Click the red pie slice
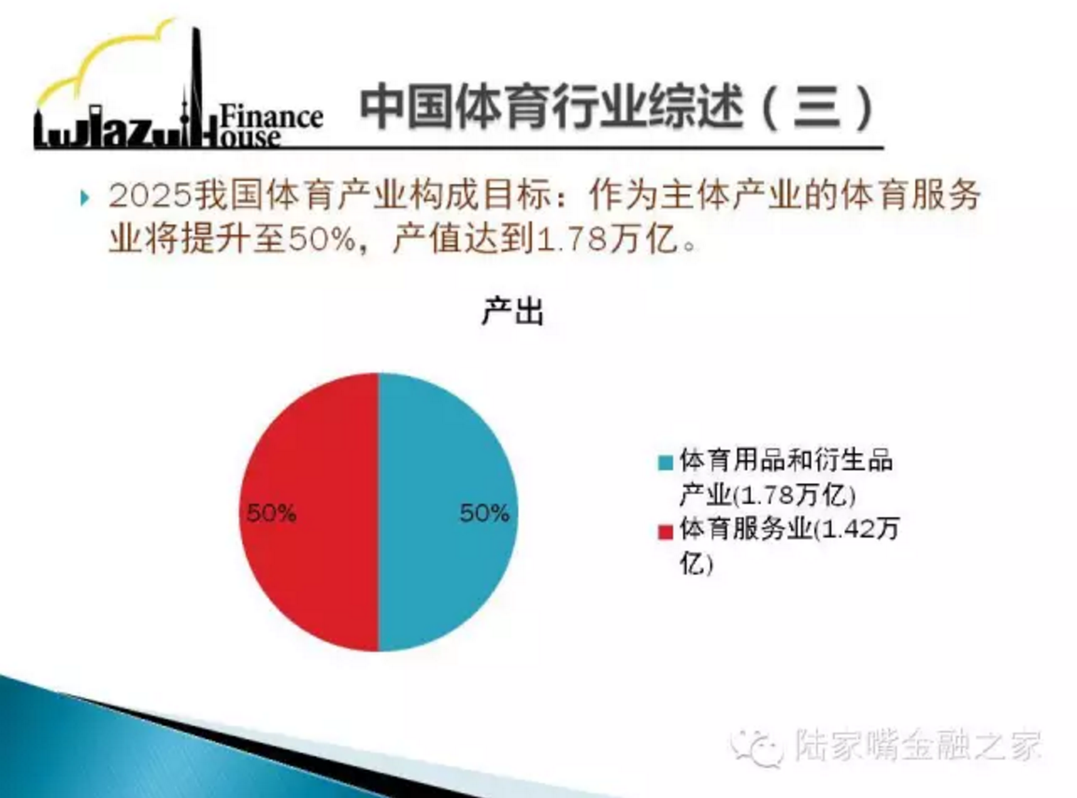click(309, 512)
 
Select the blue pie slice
click(448, 512)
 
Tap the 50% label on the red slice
click(271, 513)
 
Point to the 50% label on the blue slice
click(484, 513)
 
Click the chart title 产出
click(512, 312)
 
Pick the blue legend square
click(665, 463)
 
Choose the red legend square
click(665, 533)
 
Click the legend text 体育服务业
click(746, 529)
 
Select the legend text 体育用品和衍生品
click(786, 460)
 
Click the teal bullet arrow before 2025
click(84, 198)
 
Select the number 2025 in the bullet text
click(150, 196)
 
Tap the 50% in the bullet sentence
click(323, 239)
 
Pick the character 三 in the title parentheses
click(817, 107)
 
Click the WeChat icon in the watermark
click(757, 746)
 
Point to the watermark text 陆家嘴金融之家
click(919, 744)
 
